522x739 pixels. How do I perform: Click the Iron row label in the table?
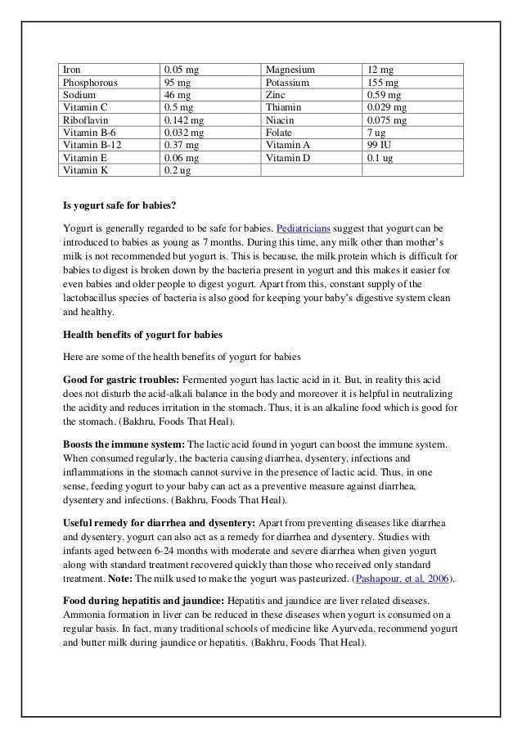point(73,70)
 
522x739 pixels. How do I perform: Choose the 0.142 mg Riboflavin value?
point(184,119)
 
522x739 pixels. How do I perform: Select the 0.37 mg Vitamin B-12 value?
point(180,145)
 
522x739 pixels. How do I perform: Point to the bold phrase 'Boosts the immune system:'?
point(124,443)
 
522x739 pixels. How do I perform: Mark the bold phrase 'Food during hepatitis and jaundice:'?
point(145,601)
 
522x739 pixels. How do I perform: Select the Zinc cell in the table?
point(277,95)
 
